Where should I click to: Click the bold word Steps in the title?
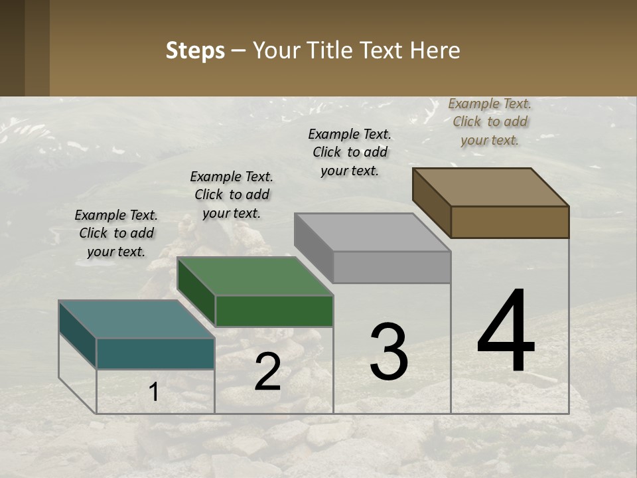pyautogui.click(x=195, y=51)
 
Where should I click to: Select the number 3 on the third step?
pyautogui.click(x=389, y=353)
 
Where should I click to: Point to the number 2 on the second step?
pyautogui.click(x=267, y=372)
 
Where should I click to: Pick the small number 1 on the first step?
pyautogui.click(x=154, y=392)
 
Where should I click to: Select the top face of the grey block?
pyautogui.click(x=372, y=232)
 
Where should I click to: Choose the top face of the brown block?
pyautogui.click(x=491, y=187)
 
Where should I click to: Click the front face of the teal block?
pyautogui.click(x=155, y=353)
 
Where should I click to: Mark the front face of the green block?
pyautogui.click(x=274, y=311)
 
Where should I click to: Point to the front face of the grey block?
pyautogui.click(x=391, y=268)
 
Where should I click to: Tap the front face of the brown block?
pyautogui.click(x=510, y=222)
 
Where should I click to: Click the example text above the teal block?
pyautogui.click(x=116, y=233)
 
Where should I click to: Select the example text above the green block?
pyautogui.click(x=232, y=195)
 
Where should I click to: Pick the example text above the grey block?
pyautogui.click(x=350, y=152)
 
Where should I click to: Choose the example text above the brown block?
pyautogui.click(x=490, y=121)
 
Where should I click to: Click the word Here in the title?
pyautogui.click(x=435, y=51)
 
